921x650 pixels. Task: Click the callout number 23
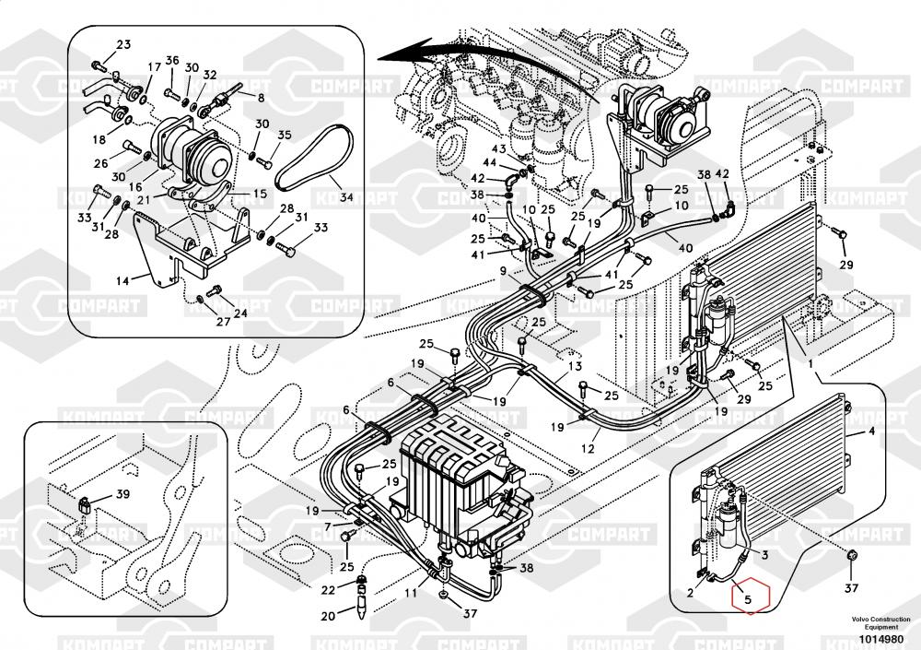tap(123, 45)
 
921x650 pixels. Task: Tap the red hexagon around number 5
tap(749, 597)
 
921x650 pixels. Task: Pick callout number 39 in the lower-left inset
tap(123, 495)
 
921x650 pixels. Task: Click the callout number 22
tap(329, 590)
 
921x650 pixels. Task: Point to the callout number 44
tap(490, 162)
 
